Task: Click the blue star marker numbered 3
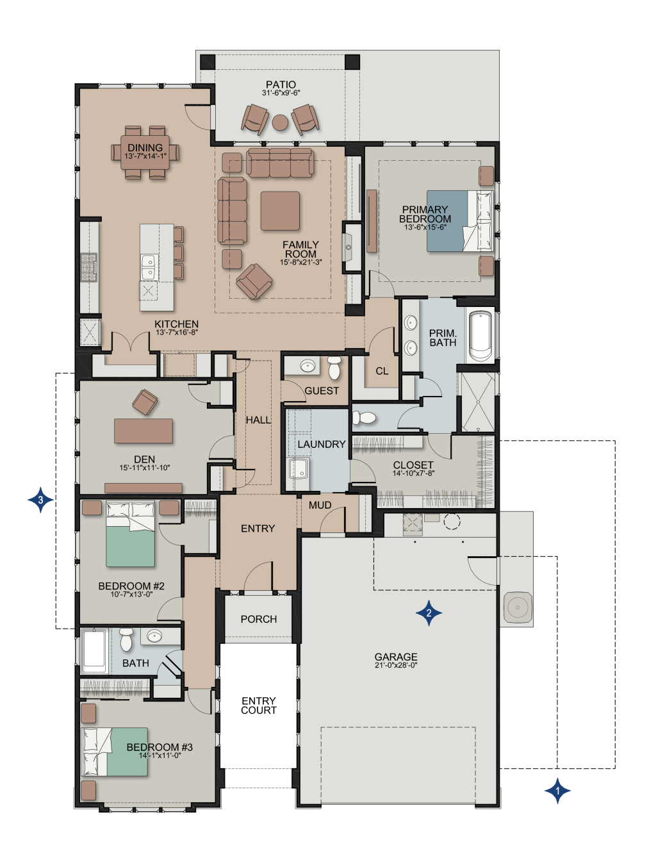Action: pos(40,499)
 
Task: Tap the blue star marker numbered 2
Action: pos(429,613)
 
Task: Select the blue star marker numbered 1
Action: pos(557,791)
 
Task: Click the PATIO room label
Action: pos(281,85)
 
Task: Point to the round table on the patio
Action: pos(280,122)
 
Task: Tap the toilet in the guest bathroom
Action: pos(334,367)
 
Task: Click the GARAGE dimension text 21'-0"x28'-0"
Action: pos(396,665)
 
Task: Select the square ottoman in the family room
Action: pos(280,211)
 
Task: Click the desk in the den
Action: pos(143,431)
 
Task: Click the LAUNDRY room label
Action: pos(321,444)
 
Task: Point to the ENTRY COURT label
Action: pos(259,705)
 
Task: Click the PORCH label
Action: pos(259,619)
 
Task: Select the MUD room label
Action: pos(320,505)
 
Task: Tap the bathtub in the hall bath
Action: pos(95,650)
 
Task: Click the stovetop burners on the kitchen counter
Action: pos(88,268)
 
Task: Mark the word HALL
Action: pos(258,420)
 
